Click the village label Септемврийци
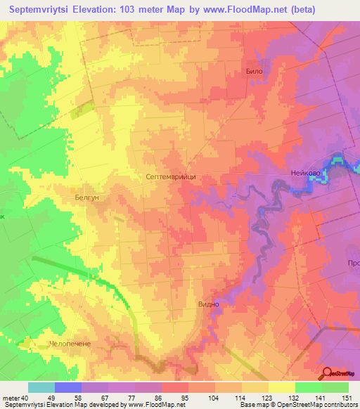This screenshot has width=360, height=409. (x=171, y=178)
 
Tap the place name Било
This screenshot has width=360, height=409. (x=254, y=72)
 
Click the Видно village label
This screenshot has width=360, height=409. (x=210, y=304)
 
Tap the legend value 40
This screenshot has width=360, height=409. (x=25, y=397)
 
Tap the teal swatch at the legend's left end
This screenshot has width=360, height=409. (x=41, y=387)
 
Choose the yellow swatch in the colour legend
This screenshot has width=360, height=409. (x=282, y=387)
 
